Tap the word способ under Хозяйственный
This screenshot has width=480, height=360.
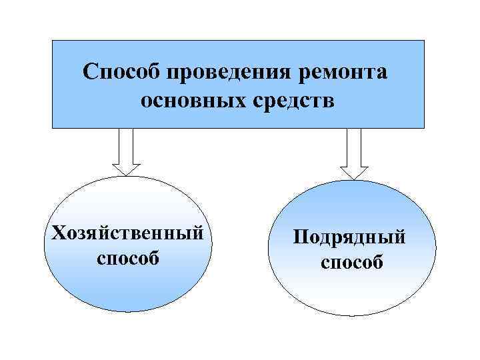128,257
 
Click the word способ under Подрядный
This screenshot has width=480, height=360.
352,262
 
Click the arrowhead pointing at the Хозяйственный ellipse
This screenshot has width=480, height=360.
126,170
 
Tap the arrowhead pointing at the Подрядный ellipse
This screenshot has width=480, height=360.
354,172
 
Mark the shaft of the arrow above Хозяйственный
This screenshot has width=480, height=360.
126,144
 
